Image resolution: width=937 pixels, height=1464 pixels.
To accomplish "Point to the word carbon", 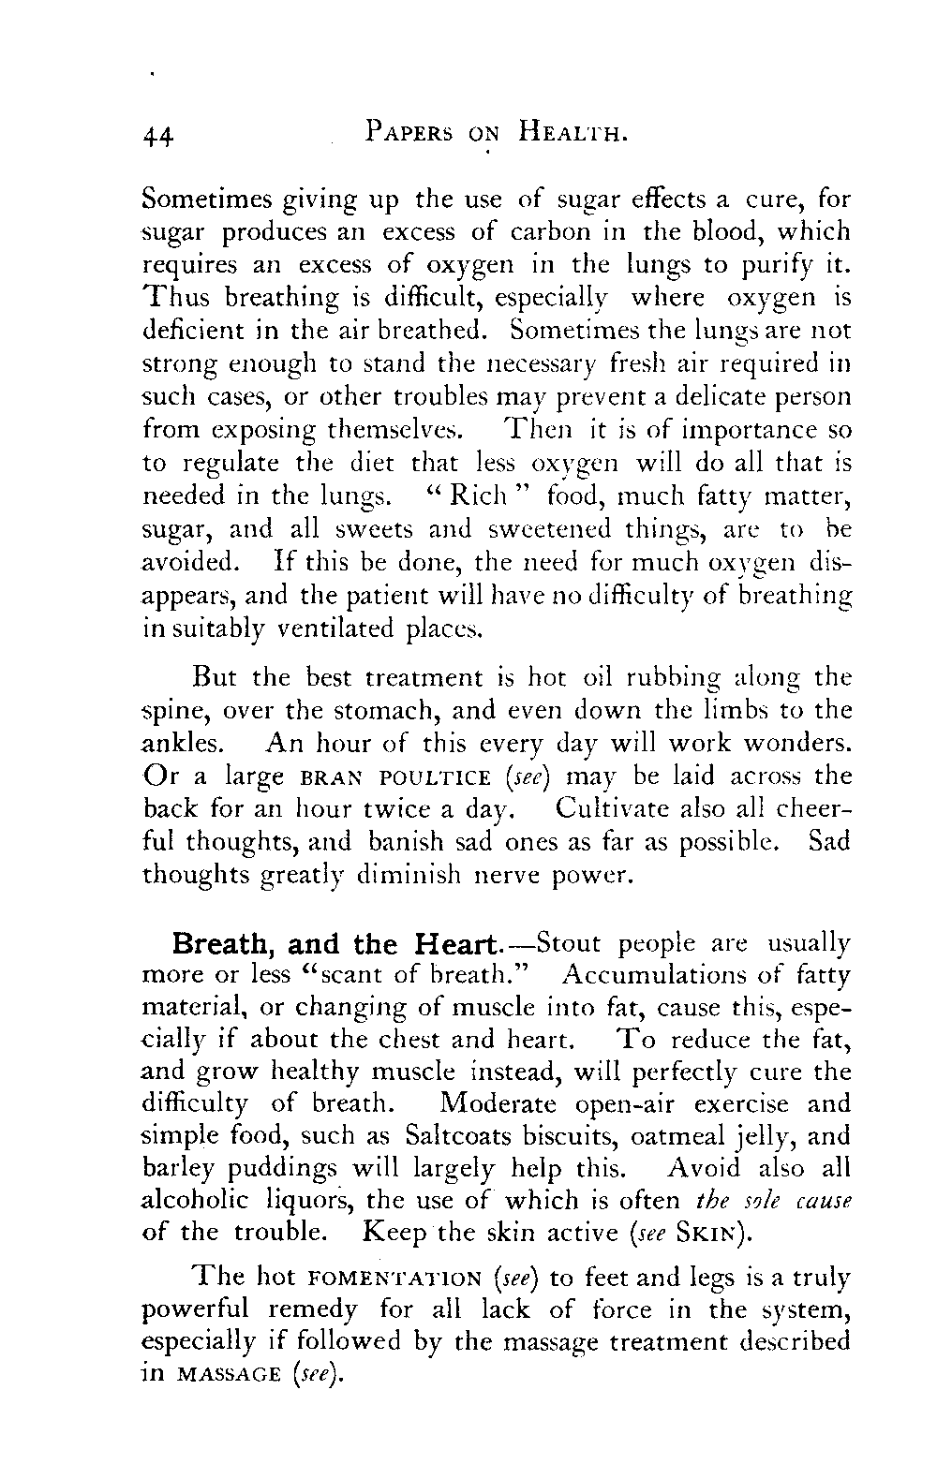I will click(x=549, y=231).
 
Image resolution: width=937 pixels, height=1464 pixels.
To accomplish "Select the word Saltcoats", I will click(x=459, y=1137).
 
